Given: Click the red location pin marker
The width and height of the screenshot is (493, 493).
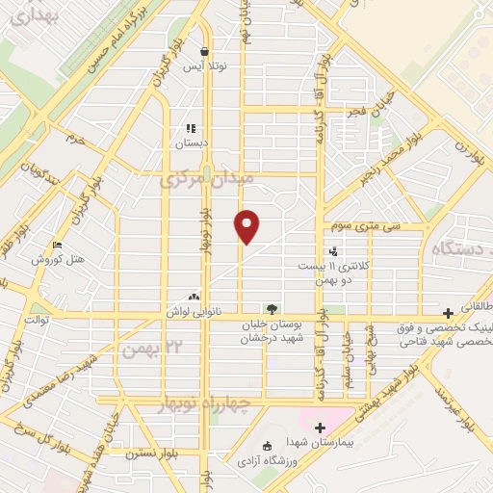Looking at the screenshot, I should [247, 226].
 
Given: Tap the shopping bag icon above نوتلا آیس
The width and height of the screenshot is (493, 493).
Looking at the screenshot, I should [204, 52].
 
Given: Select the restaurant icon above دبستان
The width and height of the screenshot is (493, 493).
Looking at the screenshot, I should [191, 127].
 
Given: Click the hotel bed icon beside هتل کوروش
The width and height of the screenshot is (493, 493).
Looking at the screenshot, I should [57, 246].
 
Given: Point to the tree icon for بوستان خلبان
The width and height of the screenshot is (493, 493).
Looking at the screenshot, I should [272, 309].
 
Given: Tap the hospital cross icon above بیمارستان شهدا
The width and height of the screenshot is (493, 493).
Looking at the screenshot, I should [320, 427].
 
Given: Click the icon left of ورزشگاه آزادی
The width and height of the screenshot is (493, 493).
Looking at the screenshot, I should [268, 445].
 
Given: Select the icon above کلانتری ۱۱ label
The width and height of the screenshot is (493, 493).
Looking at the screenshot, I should [333, 251].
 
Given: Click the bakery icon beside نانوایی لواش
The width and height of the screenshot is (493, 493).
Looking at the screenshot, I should [195, 297].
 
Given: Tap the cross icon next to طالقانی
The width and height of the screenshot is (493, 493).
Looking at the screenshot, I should [447, 312].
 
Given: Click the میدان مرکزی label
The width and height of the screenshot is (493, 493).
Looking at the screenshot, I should [206, 179].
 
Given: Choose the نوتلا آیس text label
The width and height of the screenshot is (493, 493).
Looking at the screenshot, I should [204, 67].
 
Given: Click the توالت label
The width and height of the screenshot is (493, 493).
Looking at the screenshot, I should [37, 319].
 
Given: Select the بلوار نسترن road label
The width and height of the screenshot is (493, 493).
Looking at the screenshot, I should [134, 450].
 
